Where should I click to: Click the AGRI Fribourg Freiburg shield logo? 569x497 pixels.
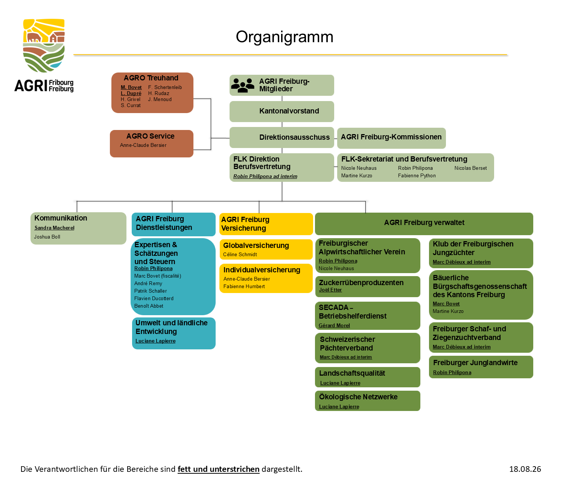click(44, 45)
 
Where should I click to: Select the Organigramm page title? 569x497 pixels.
click(284, 37)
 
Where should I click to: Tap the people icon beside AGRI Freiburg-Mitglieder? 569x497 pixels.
click(242, 85)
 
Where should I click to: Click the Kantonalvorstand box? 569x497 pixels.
click(281, 111)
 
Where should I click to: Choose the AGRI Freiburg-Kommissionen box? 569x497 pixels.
click(391, 138)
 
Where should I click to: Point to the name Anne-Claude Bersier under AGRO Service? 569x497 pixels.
click(143, 145)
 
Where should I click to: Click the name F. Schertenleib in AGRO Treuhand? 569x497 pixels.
click(164, 87)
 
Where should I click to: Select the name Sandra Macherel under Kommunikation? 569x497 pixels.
click(54, 228)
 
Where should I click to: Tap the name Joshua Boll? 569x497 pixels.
click(47, 237)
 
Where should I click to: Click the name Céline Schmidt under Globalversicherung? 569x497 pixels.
click(240, 254)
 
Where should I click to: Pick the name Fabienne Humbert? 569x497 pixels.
click(244, 286)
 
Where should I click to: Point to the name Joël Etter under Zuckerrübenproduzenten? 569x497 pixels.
click(330, 290)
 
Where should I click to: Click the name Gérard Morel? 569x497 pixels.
click(334, 325)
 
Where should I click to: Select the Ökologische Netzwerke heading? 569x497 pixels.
click(358, 397)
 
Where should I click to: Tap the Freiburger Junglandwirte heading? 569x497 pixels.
click(475, 363)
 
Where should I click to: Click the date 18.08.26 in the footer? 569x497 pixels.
click(525, 469)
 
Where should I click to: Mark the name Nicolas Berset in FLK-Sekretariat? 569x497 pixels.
click(470, 168)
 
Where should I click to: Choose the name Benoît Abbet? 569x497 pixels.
click(149, 306)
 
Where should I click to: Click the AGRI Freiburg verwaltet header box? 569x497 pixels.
click(424, 224)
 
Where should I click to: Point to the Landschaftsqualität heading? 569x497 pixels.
click(352, 373)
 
